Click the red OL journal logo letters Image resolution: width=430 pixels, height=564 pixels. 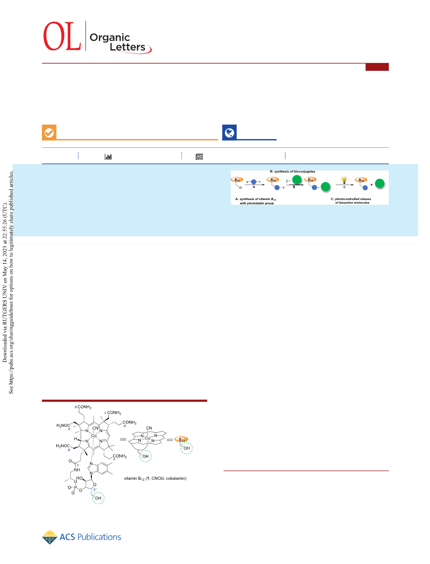point(62,36)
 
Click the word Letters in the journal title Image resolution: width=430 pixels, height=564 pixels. point(128,47)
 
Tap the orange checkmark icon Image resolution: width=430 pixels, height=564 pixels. point(49,133)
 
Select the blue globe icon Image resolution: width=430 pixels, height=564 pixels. point(229,132)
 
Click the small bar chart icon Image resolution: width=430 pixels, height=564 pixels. point(108,157)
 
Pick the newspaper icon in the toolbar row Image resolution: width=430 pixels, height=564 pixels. point(199,157)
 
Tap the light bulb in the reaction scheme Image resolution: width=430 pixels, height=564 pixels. point(344,179)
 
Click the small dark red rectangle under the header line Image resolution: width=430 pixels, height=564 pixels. point(377,67)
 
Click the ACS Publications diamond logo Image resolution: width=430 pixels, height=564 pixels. point(50,537)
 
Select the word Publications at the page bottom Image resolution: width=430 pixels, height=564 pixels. point(99,537)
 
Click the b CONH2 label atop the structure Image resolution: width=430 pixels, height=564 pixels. point(83,407)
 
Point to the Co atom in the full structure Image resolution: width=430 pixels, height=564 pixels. point(94,436)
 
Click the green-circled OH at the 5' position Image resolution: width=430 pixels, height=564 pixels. point(98,498)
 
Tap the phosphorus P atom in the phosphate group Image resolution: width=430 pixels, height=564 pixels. point(75,487)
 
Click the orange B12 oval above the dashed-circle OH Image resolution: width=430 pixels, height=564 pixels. point(181,439)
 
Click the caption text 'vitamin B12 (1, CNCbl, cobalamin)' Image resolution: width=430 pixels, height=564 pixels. point(155,478)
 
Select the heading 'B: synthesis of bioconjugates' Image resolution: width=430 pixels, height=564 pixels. point(292,172)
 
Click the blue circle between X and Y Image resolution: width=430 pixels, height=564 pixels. point(253,182)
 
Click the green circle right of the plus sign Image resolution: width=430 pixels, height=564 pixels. point(380,184)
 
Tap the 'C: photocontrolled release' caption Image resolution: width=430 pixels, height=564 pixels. point(351,199)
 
